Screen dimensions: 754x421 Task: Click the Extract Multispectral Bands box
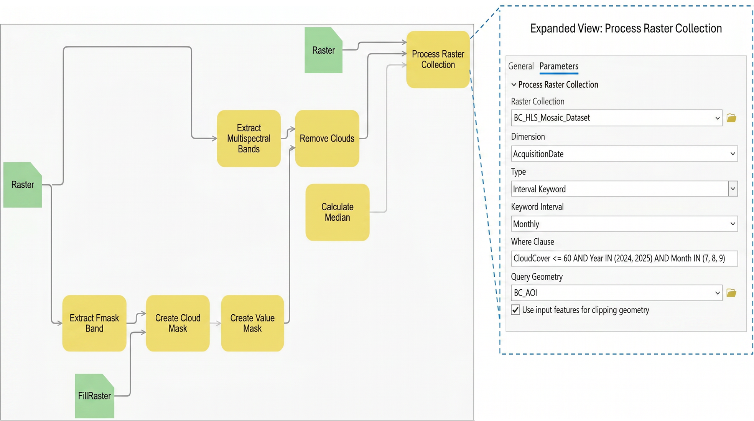(x=249, y=139)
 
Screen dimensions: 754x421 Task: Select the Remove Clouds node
(x=327, y=139)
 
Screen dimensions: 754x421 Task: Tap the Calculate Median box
(x=337, y=212)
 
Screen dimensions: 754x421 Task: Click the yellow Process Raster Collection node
(x=438, y=59)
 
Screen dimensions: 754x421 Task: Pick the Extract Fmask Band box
(x=94, y=323)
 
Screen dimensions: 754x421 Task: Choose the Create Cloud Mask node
(x=178, y=323)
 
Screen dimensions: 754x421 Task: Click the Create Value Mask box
(x=252, y=323)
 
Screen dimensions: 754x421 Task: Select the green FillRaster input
(x=94, y=396)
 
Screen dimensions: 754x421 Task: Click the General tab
(x=521, y=66)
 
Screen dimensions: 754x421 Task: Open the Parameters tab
(x=559, y=66)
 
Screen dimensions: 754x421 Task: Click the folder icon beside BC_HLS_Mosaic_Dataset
(x=731, y=118)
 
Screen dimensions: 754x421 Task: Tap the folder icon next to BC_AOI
(x=731, y=293)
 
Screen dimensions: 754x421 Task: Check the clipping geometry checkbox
(x=515, y=310)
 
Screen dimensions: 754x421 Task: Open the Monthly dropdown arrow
(x=733, y=224)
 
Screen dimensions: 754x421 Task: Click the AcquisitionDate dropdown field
(x=624, y=154)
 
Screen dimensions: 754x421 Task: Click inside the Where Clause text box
(x=624, y=258)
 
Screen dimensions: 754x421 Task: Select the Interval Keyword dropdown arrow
(x=733, y=189)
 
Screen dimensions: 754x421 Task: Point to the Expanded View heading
(x=626, y=28)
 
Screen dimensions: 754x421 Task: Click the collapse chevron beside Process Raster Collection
(x=514, y=85)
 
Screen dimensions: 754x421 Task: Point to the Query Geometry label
(x=537, y=277)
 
